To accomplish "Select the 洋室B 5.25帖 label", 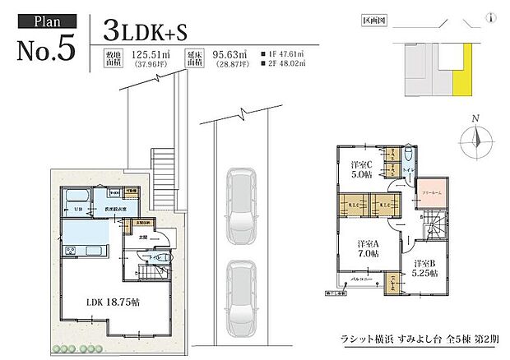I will coord(425,269).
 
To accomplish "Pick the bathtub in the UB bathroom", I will coord(76,196).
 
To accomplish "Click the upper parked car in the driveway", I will coord(242,200).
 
